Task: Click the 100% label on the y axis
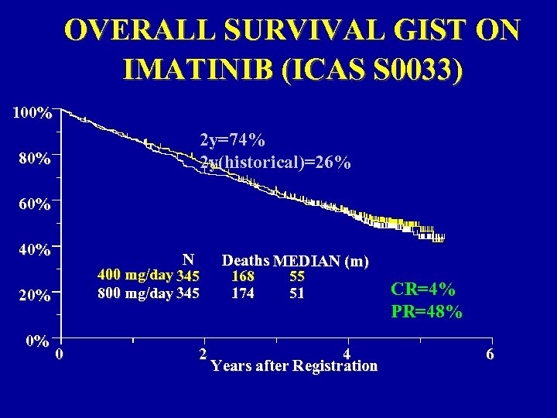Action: point(32,114)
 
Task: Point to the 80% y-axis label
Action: point(35,160)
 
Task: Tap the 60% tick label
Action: point(35,205)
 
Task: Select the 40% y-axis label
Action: point(35,250)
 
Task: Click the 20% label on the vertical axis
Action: point(35,296)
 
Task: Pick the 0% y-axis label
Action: point(37,340)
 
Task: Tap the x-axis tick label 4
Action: point(347,353)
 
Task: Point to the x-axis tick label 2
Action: point(203,353)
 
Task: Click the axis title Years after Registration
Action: point(294,366)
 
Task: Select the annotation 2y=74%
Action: point(233,140)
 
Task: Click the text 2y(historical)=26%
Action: point(275,163)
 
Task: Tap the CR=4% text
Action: point(422,290)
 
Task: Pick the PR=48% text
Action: point(427,312)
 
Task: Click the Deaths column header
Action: point(245,260)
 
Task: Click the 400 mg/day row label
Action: point(135,276)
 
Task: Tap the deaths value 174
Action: point(243,293)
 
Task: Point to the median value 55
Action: point(297,276)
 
